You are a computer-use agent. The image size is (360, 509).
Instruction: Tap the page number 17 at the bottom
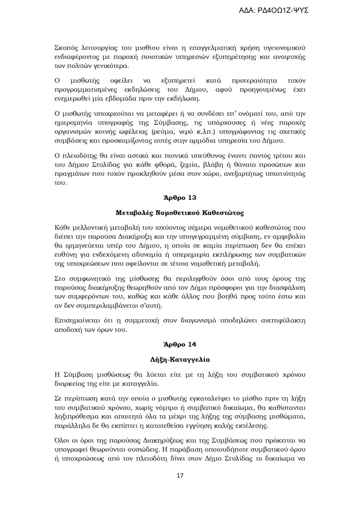[x=180, y=475]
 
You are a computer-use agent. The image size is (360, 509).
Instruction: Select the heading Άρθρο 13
[x=180, y=198]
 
